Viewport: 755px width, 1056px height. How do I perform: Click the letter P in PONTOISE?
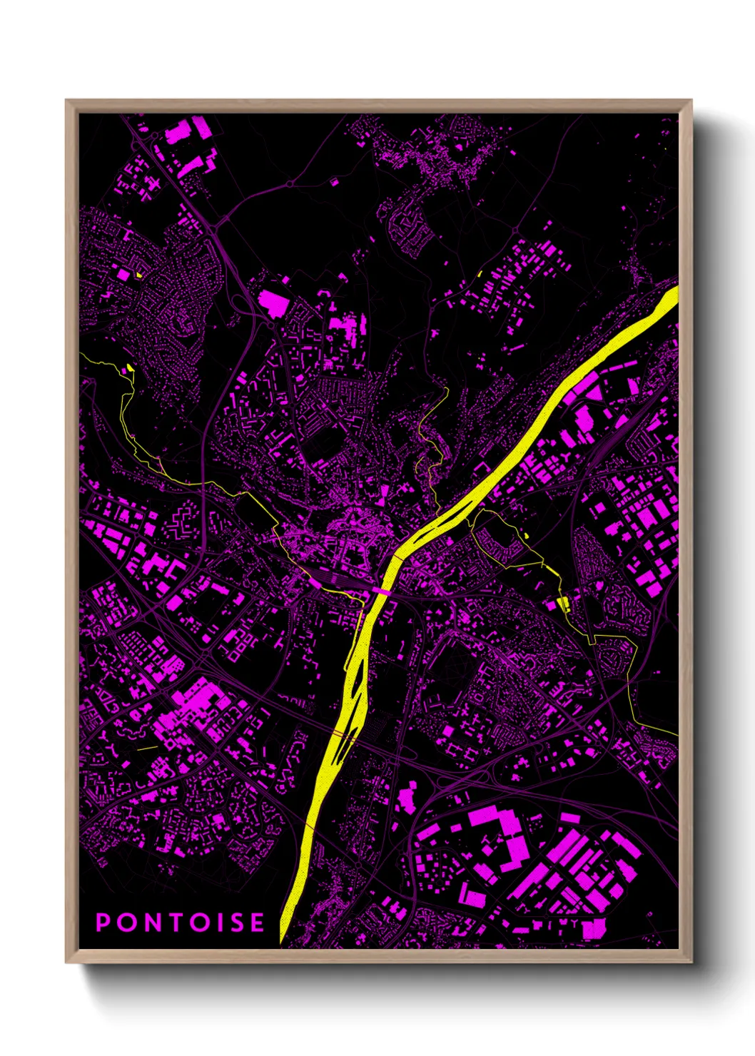pos(103,923)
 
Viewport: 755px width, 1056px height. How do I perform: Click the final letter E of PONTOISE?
pos(257,923)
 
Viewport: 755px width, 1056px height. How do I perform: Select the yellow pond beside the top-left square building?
pos(138,274)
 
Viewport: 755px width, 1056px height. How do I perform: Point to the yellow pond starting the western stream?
pos(130,367)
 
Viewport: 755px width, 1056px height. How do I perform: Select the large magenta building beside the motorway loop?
pos(273,303)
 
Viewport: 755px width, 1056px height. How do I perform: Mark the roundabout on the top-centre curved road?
pos(289,184)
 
